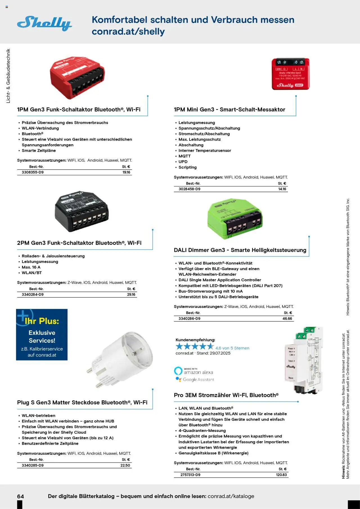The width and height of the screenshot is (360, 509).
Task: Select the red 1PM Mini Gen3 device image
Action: [291, 74]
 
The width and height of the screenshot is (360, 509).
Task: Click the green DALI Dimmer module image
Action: [235, 219]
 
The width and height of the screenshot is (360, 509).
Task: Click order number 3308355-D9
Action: [33, 172]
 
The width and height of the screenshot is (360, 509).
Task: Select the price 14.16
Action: [282, 189]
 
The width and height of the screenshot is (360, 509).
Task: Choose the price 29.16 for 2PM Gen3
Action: [131, 294]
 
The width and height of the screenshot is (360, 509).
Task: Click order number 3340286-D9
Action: [190, 319]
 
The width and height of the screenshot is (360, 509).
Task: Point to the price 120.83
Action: [281, 475]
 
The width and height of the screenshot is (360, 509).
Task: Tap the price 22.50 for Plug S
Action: [125, 465]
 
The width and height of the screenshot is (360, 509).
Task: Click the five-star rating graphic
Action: [195, 346]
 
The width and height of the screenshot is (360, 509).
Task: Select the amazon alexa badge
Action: [194, 371]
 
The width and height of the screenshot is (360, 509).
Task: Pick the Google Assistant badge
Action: [195, 379]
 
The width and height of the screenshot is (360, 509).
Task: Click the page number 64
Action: [21, 496]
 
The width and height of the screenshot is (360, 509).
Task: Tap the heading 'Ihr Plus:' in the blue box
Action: [42, 321]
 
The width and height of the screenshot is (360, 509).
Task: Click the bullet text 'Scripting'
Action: [188, 167]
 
